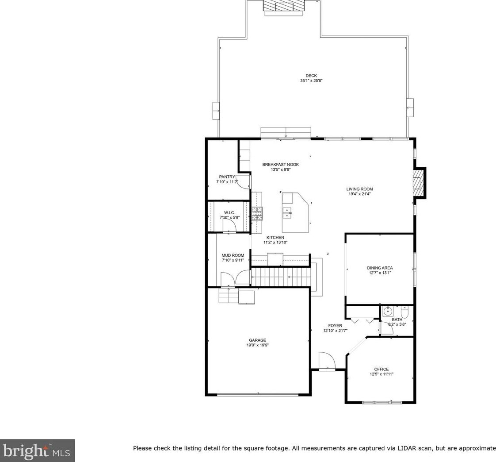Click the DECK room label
click(x=311, y=76)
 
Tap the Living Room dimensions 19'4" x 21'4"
click(x=360, y=194)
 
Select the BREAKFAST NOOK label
click(x=281, y=164)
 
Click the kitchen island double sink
click(x=287, y=212)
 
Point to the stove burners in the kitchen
click(x=257, y=213)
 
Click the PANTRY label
click(x=227, y=177)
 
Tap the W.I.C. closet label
click(x=229, y=212)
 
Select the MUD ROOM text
click(x=233, y=255)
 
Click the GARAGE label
click(x=257, y=340)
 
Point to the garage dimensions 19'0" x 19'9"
click(x=257, y=345)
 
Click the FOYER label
click(x=335, y=326)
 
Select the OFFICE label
click(x=382, y=369)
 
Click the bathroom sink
click(x=388, y=312)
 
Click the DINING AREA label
click(x=380, y=268)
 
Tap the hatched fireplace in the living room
click(x=419, y=183)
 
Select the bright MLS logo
click(x=37, y=450)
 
